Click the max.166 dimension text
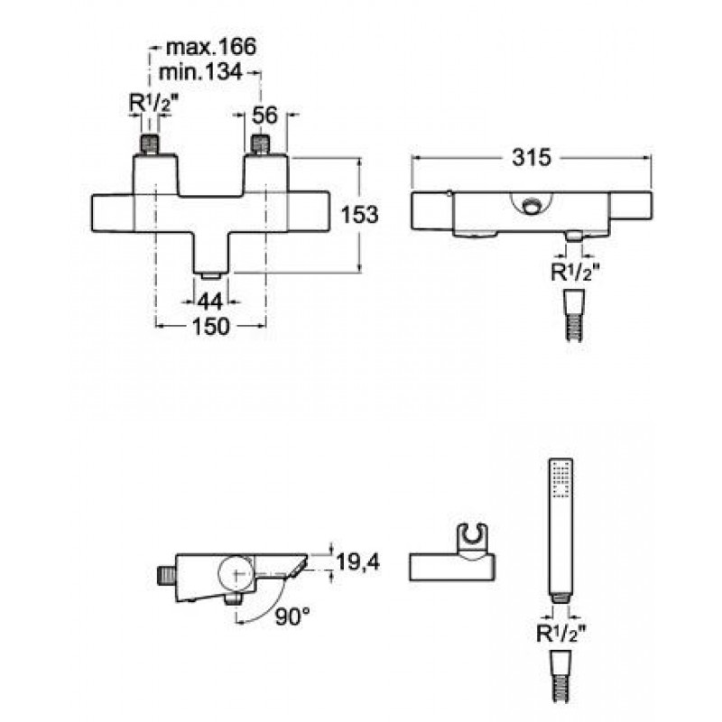(x=210, y=47)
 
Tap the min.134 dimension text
(x=199, y=72)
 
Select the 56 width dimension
(x=264, y=116)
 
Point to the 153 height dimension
(x=359, y=215)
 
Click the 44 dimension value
(x=210, y=302)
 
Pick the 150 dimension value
(x=210, y=327)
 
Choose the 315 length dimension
(x=532, y=158)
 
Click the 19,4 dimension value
(x=358, y=562)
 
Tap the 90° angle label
(x=292, y=616)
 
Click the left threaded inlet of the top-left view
(x=150, y=144)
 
